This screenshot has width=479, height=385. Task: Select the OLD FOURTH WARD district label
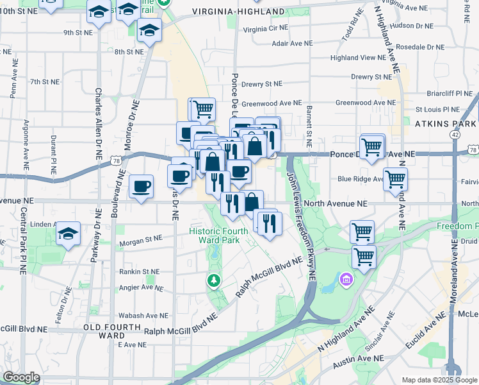104,331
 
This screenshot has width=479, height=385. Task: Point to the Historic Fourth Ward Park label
214,235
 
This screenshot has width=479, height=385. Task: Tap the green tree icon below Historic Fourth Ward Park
213,280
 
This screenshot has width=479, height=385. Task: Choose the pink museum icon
346,280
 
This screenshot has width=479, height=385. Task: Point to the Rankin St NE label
139,272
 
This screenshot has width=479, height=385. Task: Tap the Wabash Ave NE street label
143,316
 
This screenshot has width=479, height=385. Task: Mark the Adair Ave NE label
292,44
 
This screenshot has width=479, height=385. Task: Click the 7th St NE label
44,82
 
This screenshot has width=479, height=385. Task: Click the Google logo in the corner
21,377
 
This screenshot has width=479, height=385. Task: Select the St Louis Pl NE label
437,110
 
